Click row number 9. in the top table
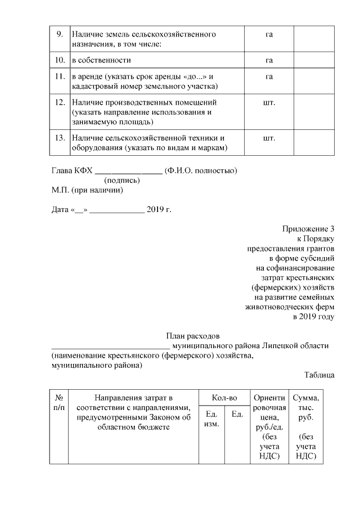point(59,35)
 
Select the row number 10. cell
point(59,60)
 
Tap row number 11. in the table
point(59,76)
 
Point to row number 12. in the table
point(59,103)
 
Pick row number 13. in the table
point(59,138)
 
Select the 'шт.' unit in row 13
point(269,138)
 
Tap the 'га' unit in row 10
point(269,60)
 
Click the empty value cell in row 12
point(314,112)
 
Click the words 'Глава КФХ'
point(71,170)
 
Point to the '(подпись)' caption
point(122,181)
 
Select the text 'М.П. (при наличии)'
point(87,190)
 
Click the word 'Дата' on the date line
point(59,210)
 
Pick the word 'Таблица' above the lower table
point(319,375)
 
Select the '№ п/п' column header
point(58,402)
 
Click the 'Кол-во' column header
point(224,398)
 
